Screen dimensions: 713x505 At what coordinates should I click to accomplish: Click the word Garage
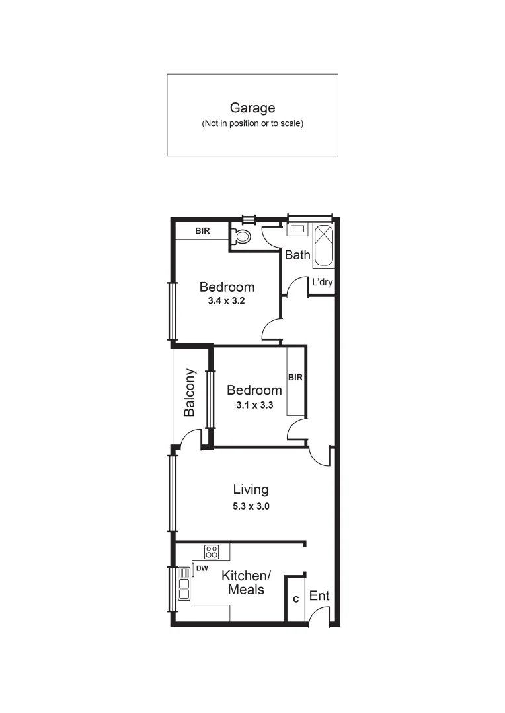(x=252, y=108)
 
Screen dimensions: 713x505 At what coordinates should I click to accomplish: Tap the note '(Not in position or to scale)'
(x=252, y=123)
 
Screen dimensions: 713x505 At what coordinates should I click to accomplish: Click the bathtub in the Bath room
(x=323, y=246)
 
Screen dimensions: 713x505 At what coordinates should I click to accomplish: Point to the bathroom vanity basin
(x=297, y=230)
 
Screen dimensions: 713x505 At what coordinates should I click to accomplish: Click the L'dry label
(x=322, y=283)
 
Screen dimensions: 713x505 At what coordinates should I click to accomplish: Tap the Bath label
(x=297, y=255)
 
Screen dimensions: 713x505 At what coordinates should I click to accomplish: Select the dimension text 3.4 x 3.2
(x=227, y=300)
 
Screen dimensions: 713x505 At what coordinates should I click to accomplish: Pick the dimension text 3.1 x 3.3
(x=254, y=405)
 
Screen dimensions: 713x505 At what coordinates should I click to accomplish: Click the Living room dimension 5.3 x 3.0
(x=251, y=506)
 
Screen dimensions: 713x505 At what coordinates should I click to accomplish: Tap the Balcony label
(x=190, y=392)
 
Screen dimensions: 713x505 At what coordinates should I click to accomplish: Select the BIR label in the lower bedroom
(x=295, y=378)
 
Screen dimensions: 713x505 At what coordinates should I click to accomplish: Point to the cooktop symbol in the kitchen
(x=212, y=551)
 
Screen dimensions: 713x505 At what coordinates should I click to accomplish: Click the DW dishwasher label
(x=202, y=568)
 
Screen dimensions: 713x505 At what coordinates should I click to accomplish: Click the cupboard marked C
(x=295, y=599)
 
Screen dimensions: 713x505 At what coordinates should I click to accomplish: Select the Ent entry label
(x=319, y=595)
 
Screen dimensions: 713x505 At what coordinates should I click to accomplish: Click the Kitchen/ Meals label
(x=246, y=582)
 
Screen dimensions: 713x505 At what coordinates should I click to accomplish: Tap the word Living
(x=251, y=489)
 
